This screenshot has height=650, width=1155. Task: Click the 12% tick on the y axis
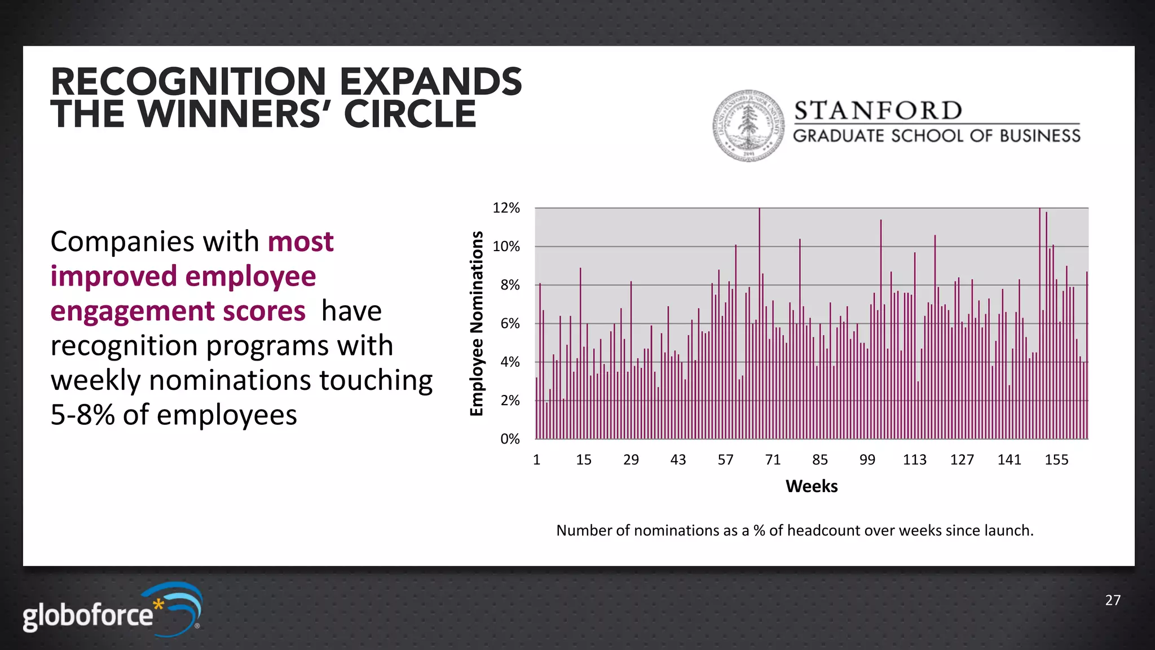[x=506, y=208]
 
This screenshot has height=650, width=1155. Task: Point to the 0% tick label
[x=510, y=439]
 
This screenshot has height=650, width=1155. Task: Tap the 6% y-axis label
[x=510, y=324]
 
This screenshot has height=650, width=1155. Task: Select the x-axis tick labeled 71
[x=773, y=460]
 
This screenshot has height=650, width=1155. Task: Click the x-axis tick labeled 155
[x=1056, y=460]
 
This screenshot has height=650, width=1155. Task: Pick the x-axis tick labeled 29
[x=631, y=460]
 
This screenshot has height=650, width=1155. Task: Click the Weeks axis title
[x=812, y=486]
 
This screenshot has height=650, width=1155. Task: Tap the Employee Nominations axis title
[x=477, y=323]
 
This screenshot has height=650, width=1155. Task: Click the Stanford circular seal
[x=748, y=125]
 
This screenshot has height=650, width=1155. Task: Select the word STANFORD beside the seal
[x=878, y=111]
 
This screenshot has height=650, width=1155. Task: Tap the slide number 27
[x=1113, y=600]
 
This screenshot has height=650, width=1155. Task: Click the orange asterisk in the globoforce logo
[x=159, y=606]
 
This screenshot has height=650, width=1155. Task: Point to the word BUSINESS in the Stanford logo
[x=1040, y=136]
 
